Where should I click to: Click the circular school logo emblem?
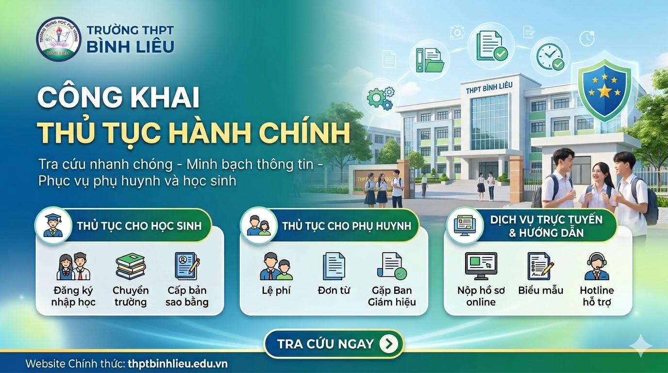pyautogui.click(x=59, y=39)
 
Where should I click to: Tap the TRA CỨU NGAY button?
pyautogui.click(x=334, y=344)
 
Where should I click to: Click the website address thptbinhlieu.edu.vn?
pyautogui.click(x=177, y=364)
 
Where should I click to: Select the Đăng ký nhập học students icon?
pyautogui.click(x=73, y=267)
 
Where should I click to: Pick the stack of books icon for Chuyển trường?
pyautogui.click(x=130, y=267)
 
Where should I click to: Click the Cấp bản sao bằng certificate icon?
pyautogui.click(x=187, y=266)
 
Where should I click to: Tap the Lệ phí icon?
pyautogui.click(x=276, y=267)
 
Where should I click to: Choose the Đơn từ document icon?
pyautogui.click(x=334, y=267)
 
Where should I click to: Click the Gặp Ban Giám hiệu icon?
pyautogui.click(x=392, y=266)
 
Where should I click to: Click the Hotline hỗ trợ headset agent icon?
pyautogui.click(x=597, y=267)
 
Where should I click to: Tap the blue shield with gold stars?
pyautogui.click(x=604, y=90)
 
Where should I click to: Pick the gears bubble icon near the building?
pyautogui.click(x=381, y=97)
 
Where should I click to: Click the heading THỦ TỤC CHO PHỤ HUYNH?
pyautogui.click(x=346, y=226)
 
